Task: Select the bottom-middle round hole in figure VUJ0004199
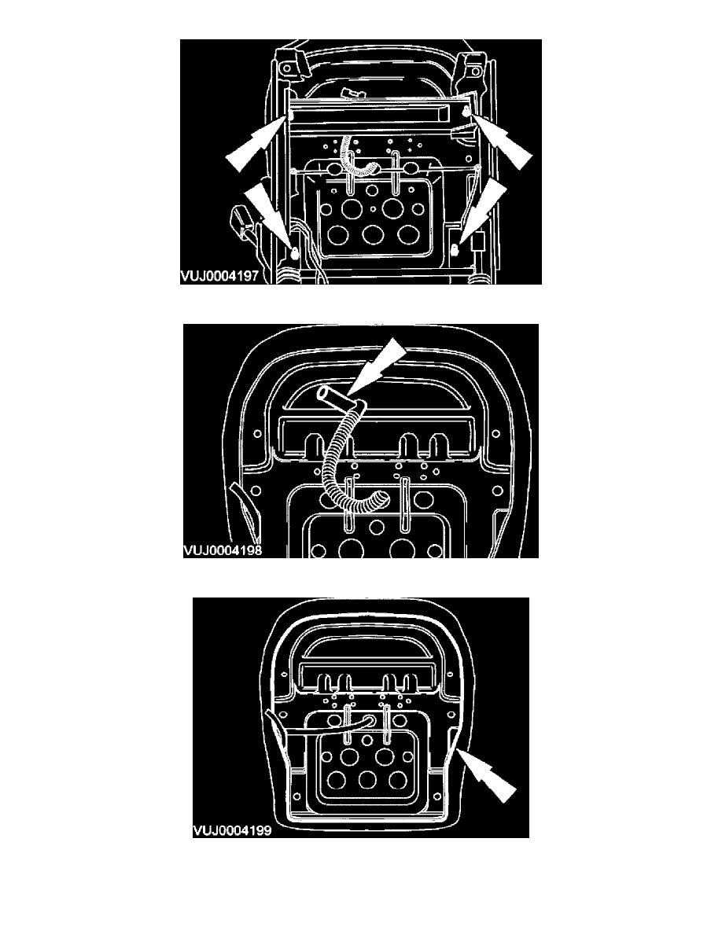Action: point(367,781)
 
